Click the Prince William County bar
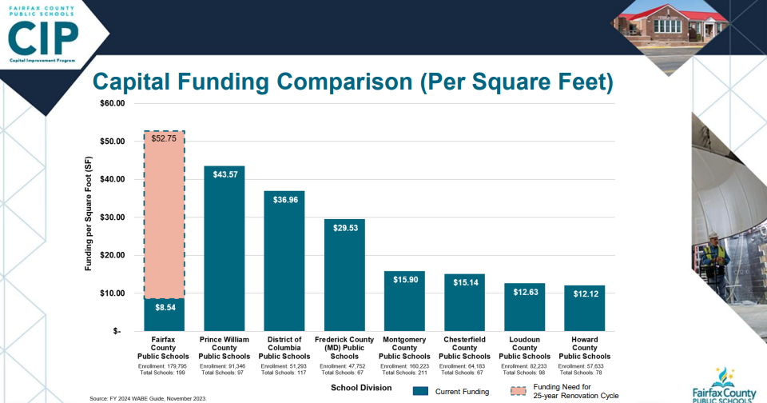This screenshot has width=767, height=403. pyautogui.click(x=224, y=248)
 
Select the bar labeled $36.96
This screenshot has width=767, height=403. pyautogui.click(x=284, y=260)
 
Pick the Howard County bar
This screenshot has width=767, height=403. pyautogui.click(x=584, y=308)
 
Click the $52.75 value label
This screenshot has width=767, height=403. pyautogui.click(x=164, y=138)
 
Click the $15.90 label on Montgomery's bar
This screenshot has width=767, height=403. pyautogui.click(x=404, y=279)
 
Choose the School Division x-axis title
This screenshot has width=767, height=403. pyautogui.click(x=361, y=388)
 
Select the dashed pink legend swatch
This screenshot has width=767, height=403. pyautogui.click(x=519, y=391)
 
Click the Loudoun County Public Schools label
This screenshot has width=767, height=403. pyautogui.click(x=524, y=348)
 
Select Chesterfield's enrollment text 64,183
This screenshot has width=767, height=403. pyautogui.click(x=464, y=365)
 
